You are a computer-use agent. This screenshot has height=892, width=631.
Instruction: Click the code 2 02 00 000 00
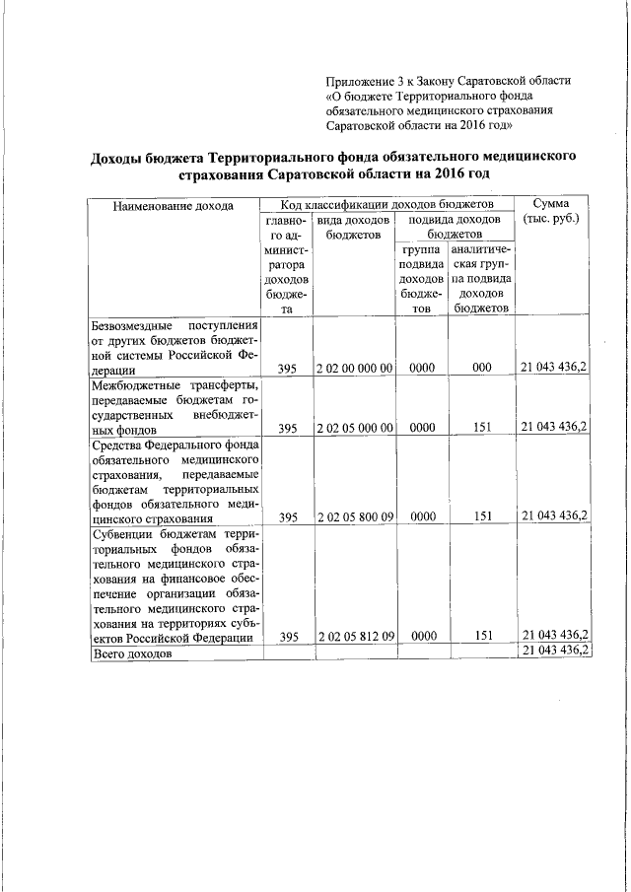coord(355,368)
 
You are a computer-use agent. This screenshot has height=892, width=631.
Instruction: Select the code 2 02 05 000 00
coord(355,428)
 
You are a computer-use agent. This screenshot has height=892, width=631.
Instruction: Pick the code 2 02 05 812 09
coord(355,637)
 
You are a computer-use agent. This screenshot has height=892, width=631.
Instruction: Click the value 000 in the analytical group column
coord(481,368)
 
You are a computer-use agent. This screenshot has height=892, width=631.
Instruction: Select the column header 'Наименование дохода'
coord(173,206)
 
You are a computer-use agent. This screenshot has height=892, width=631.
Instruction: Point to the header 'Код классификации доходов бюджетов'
coord(386,204)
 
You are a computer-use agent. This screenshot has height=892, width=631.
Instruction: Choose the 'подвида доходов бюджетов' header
coord(455,227)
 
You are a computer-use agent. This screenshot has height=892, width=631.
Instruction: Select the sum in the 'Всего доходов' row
coord(554,652)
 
